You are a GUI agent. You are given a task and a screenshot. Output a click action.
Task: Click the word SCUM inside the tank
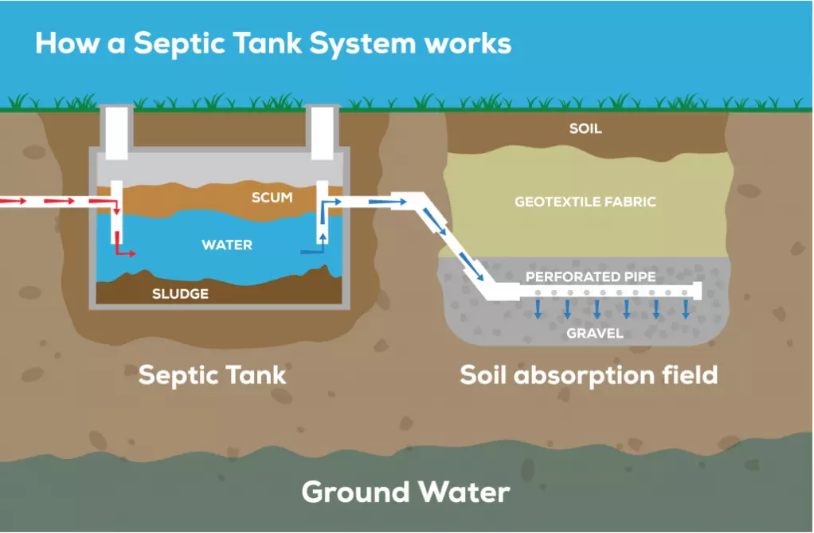272,197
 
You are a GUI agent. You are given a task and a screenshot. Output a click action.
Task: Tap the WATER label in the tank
227,245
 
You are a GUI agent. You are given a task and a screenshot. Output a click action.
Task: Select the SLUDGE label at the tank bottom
180,294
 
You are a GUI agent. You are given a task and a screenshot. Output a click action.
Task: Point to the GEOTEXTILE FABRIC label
585,202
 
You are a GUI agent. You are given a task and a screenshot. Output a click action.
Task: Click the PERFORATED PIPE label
591,277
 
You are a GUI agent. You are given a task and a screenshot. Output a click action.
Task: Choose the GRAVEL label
595,332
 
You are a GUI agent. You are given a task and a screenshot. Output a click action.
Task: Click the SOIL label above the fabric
585,128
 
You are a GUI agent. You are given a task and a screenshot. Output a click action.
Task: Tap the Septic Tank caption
212,374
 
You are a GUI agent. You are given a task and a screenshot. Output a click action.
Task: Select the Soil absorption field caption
589,374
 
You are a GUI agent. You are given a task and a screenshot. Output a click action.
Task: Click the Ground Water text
405,492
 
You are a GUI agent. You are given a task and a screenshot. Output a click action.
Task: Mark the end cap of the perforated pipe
699,292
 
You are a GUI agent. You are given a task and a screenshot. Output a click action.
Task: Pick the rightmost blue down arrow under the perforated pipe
685,309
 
